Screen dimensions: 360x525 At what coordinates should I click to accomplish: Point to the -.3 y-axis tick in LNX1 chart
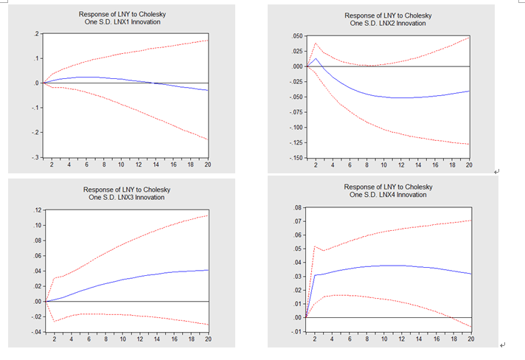(x=35, y=157)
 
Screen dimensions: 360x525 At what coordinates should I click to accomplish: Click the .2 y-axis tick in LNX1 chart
(x=35, y=35)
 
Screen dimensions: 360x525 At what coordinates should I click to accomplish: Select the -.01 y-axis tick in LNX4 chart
(x=296, y=331)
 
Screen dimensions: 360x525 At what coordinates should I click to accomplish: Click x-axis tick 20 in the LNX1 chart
(x=207, y=165)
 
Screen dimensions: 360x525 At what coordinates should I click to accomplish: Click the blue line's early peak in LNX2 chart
(x=316, y=58)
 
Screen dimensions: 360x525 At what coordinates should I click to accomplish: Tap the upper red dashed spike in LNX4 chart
(x=315, y=246)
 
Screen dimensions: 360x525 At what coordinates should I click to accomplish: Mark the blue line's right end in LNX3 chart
(x=208, y=270)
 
